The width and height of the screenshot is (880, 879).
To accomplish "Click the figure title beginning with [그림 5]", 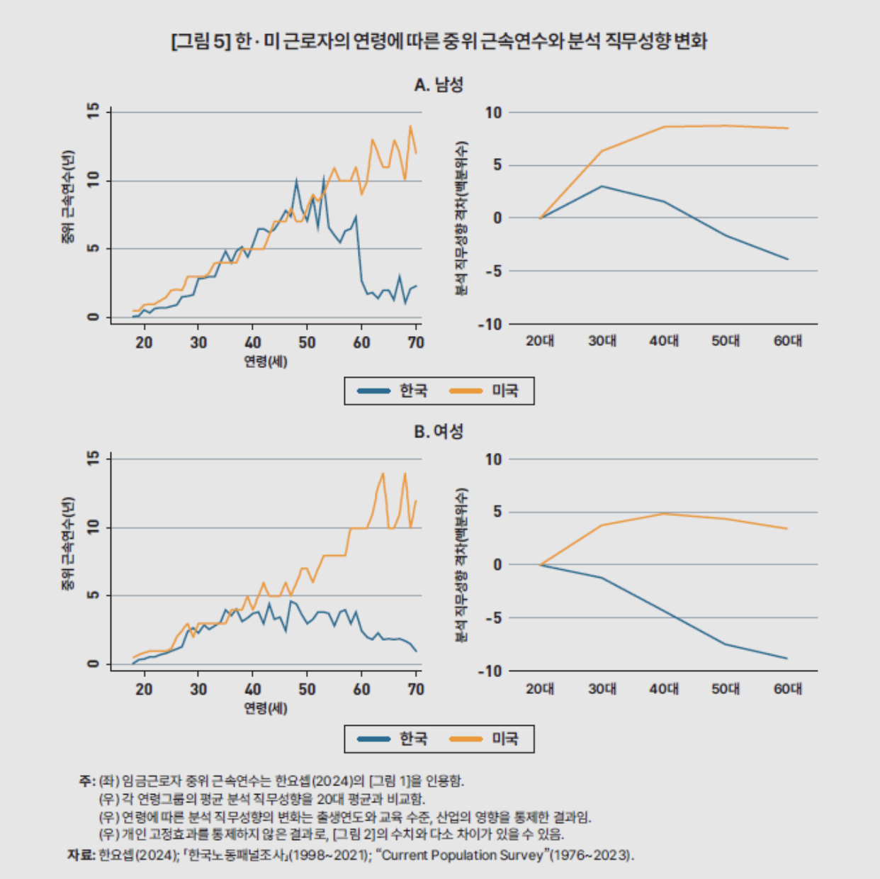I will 439,41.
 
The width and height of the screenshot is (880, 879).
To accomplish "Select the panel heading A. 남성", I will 439,85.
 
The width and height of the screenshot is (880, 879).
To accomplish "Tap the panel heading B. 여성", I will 439,432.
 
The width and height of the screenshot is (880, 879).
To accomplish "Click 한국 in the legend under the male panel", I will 413,391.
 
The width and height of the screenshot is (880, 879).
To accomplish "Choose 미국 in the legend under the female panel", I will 504,739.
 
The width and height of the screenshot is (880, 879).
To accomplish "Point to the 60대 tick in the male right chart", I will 787,341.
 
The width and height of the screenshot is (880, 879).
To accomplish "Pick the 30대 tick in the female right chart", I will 602,688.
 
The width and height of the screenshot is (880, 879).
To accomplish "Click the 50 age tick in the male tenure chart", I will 307,342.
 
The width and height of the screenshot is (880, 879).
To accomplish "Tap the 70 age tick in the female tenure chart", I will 416,689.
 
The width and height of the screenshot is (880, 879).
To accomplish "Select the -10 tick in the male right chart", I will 490,324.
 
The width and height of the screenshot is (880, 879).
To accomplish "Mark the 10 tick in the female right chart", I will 493,459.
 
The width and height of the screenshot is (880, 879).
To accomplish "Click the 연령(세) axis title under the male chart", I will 266,362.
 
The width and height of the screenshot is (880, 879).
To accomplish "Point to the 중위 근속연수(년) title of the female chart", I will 68,544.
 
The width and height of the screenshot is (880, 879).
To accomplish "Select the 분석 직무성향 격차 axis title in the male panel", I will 461,218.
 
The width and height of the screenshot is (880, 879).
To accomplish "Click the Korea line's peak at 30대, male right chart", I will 602,186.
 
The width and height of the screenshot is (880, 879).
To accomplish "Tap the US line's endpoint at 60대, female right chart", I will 787,529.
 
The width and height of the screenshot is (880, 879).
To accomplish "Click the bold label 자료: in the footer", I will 81,855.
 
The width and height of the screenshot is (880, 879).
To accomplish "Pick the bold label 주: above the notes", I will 86,781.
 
